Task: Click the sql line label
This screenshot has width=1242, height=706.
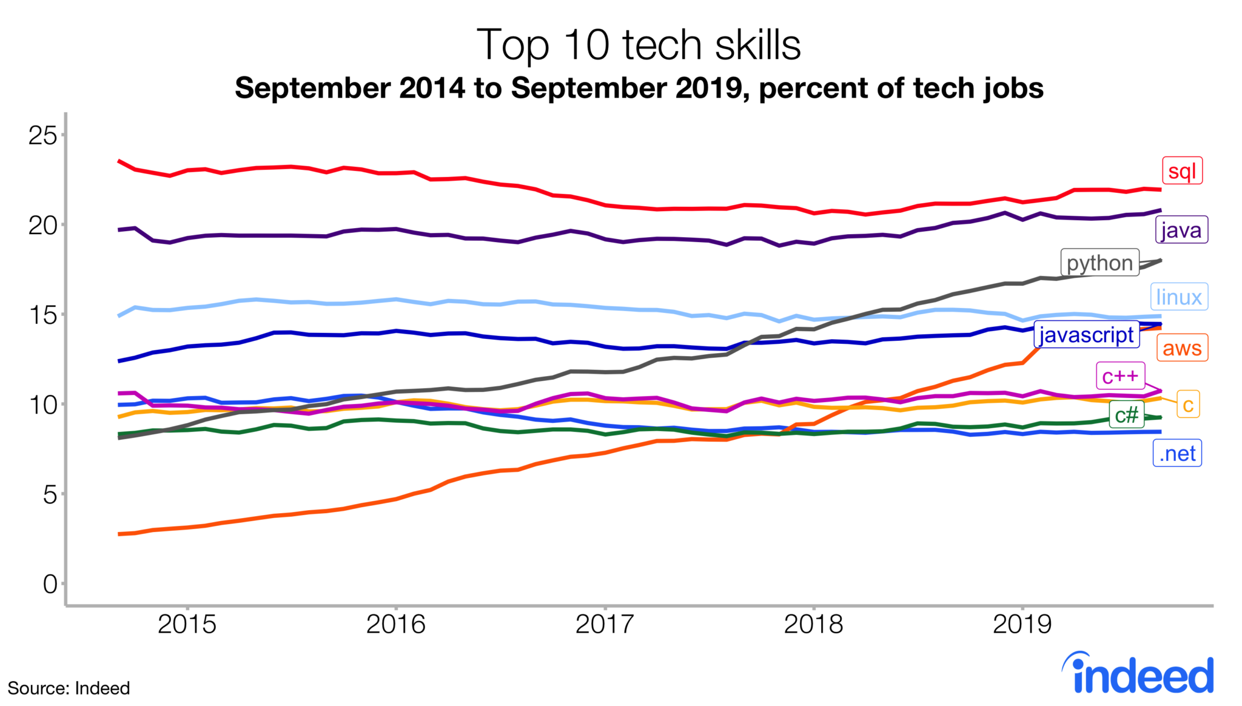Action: (x=1182, y=171)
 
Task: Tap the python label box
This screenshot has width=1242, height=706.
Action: (x=1099, y=263)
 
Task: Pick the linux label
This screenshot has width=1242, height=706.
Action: (x=1179, y=297)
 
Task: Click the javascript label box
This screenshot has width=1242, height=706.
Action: (x=1086, y=335)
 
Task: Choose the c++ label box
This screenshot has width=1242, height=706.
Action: (x=1120, y=376)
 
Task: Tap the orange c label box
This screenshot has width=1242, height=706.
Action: (x=1188, y=405)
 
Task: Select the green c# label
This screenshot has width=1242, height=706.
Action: (x=1127, y=415)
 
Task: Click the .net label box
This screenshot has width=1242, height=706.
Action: (x=1177, y=454)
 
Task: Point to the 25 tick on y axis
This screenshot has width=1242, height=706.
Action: (x=42, y=135)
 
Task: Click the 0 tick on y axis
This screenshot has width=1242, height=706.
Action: (x=50, y=584)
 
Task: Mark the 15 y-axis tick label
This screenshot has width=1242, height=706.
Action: (x=42, y=315)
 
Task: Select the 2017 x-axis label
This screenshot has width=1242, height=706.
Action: (x=605, y=624)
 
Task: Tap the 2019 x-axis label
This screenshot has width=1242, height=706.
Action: (x=1022, y=624)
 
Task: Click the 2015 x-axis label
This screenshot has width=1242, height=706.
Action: (x=187, y=624)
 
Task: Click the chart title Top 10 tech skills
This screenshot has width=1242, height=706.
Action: (x=639, y=45)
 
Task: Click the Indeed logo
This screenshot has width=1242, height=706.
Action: (x=1138, y=674)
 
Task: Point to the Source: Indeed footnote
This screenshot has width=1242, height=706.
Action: (x=69, y=688)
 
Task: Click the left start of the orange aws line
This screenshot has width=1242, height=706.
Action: (x=120, y=534)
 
